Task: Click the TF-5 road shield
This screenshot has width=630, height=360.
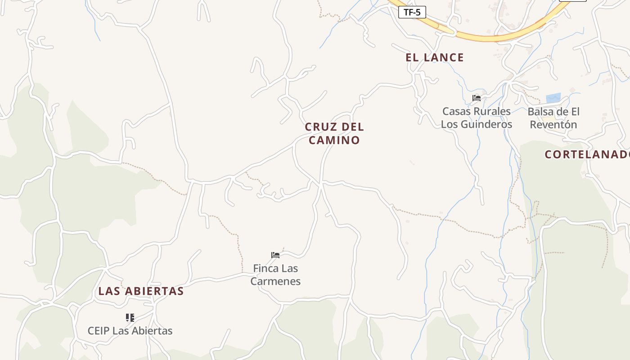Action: tap(412, 12)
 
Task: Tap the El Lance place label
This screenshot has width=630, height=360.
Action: tap(434, 58)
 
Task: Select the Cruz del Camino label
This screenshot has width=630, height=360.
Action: tap(334, 133)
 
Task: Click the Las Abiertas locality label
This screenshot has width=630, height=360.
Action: tap(141, 291)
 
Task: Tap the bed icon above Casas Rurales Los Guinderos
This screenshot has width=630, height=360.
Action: tap(477, 98)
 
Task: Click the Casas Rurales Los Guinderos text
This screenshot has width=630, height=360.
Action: tap(477, 117)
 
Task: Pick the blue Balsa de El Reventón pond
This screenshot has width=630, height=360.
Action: tap(553, 98)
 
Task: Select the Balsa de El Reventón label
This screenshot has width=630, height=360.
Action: tap(553, 118)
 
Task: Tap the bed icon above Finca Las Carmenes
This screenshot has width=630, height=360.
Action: tap(275, 255)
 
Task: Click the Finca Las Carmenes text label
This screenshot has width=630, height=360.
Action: tap(275, 274)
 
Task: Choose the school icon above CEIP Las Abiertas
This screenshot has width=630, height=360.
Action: tap(130, 318)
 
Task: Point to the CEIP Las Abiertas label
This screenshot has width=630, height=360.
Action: tap(130, 331)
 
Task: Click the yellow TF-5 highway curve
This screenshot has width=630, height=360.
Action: tap(495, 37)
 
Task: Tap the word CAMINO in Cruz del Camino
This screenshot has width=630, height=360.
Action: tap(334, 140)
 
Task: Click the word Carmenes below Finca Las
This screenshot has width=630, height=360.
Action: tap(275, 282)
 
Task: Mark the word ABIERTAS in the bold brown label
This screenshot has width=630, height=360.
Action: tap(154, 291)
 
